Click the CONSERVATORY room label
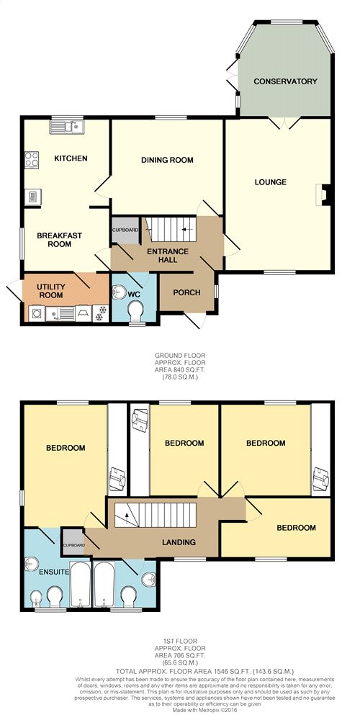point(285,81)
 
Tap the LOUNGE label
point(270,182)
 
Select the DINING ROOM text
point(167,160)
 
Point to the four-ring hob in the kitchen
point(32,160)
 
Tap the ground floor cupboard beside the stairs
point(125,230)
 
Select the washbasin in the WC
point(120,292)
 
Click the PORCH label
point(186,292)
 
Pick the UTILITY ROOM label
point(51,291)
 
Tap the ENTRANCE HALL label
point(168,256)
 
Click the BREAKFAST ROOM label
point(60,240)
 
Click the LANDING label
point(179,543)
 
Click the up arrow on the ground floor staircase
point(184,229)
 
